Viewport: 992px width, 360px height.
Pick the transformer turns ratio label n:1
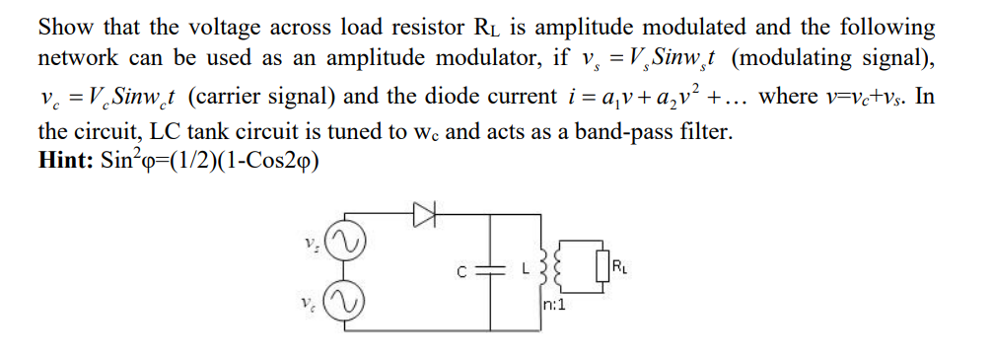pos(553,306)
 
